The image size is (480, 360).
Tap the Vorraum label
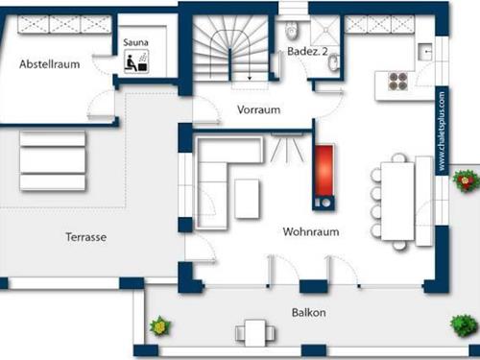(258, 109)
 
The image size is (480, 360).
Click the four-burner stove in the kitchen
(396, 82)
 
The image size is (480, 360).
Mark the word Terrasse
(85, 236)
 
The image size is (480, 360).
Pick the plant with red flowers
(465, 180)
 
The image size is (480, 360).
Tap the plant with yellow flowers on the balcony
(158, 327)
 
